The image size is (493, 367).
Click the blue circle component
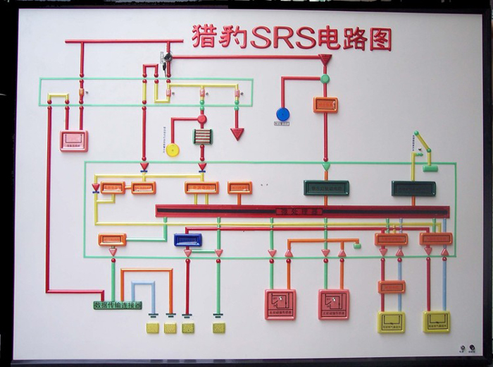click(282, 114)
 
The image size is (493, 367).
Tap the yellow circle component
click(173, 150)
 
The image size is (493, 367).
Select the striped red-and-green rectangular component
click(203, 136)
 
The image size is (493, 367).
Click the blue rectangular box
click(188, 240)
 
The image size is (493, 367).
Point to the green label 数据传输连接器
click(118, 306)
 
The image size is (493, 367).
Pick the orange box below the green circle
click(325, 104)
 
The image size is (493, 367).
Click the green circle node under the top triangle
click(325, 78)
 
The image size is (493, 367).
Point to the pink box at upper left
click(73, 140)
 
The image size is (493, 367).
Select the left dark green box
click(326, 188)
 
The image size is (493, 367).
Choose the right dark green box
click(413, 188)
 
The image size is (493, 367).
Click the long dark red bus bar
click(302, 211)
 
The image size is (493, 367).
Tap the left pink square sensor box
click(280, 303)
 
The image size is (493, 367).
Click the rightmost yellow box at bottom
click(437, 321)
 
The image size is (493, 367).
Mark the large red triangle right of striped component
click(237, 133)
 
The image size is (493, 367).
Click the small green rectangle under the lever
click(430, 168)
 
